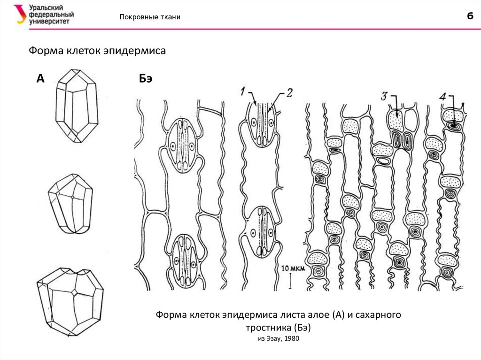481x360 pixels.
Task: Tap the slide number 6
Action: click(x=469, y=16)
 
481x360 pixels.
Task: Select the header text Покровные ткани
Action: click(x=150, y=17)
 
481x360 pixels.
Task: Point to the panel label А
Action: click(x=40, y=78)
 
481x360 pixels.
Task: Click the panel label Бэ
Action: click(x=146, y=78)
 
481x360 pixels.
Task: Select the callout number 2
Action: click(x=288, y=92)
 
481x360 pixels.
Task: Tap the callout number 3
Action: click(x=384, y=96)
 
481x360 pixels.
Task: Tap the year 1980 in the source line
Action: click(x=291, y=338)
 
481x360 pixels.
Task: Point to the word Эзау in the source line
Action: click(x=272, y=338)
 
